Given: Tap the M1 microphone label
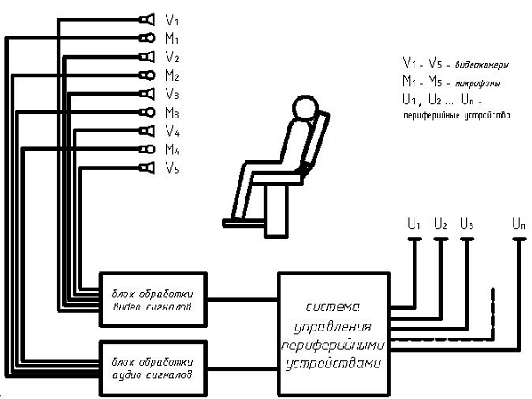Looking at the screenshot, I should pyautogui.click(x=172, y=38).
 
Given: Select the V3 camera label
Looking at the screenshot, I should pyautogui.click(x=172, y=94).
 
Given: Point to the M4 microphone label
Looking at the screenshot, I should pyautogui.click(x=172, y=150).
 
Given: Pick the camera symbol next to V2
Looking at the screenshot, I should pyautogui.click(x=145, y=56).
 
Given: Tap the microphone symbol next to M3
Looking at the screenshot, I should pyautogui.click(x=145, y=112).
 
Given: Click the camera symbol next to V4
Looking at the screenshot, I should pyautogui.click(x=145, y=131).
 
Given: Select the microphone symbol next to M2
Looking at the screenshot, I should pyautogui.click(x=145, y=75).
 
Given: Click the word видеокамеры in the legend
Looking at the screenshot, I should pyautogui.click(x=479, y=65).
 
